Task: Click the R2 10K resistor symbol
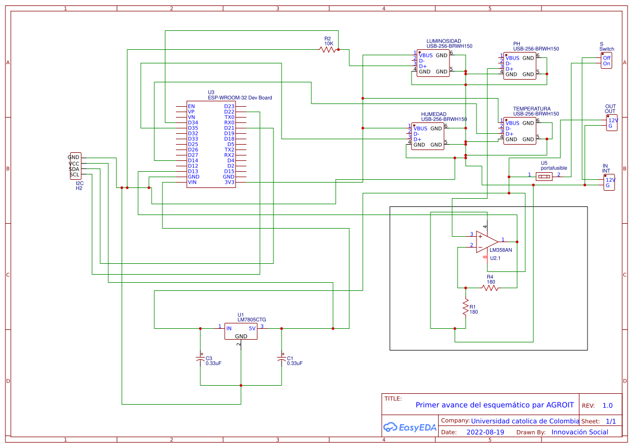click(x=328, y=49)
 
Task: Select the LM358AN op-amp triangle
click(x=487, y=241)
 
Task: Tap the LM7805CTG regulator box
click(x=240, y=331)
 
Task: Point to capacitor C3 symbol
click(x=200, y=359)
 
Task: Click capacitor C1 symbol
click(x=281, y=359)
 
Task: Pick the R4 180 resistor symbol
click(x=491, y=288)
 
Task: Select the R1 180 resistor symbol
click(x=465, y=308)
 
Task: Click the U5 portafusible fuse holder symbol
click(x=544, y=176)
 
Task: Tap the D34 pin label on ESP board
click(x=193, y=122)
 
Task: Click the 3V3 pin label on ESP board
click(x=230, y=183)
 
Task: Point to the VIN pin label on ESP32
click(x=192, y=183)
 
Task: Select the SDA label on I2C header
click(x=74, y=169)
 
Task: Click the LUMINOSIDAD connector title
click(x=443, y=41)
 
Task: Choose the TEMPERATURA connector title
click(x=532, y=109)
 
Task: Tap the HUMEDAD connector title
click(x=434, y=114)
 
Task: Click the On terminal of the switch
click(x=606, y=63)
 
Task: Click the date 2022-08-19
click(x=485, y=432)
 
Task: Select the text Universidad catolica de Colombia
click(x=525, y=421)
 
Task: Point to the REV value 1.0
click(x=608, y=405)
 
